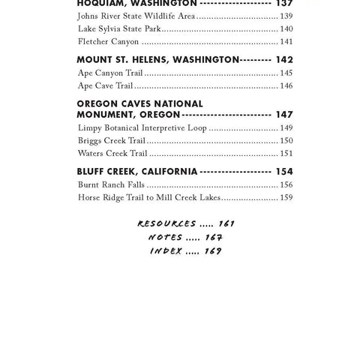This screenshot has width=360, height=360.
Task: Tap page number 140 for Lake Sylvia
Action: [x=286, y=28]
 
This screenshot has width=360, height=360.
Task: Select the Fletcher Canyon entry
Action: [x=109, y=41]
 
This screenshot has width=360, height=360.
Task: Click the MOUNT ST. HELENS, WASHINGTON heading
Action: [x=157, y=59]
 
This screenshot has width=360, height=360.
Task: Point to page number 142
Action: [x=283, y=59]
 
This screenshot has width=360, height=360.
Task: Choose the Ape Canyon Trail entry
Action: [x=109, y=73]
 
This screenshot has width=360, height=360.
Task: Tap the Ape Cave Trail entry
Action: [x=105, y=85]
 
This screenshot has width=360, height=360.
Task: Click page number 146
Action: [x=286, y=85]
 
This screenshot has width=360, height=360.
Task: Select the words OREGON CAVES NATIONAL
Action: [x=139, y=103]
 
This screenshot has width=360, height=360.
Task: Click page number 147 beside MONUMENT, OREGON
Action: [x=283, y=115]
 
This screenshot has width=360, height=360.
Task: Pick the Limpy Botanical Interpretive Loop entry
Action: [x=142, y=127]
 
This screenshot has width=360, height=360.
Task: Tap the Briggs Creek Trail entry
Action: [x=112, y=140]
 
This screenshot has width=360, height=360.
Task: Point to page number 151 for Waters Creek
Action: [x=286, y=153]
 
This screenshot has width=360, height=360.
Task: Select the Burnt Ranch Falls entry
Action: [x=112, y=184]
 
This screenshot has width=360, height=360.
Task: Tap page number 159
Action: [x=286, y=197]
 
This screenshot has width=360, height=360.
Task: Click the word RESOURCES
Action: [x=166, y=223]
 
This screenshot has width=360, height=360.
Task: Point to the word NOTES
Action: [x=166, y=237]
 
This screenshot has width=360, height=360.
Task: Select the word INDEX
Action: [x=166, y=250]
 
